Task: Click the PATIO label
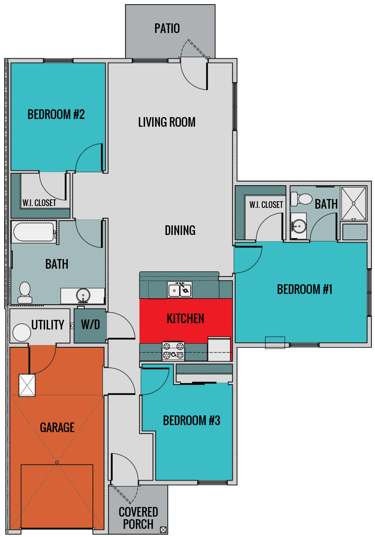167,29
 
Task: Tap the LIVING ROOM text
167,122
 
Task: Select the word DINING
180,231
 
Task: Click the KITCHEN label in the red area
185,319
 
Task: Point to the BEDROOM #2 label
56,115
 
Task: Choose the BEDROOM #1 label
304,289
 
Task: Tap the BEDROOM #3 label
191,421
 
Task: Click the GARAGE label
57,428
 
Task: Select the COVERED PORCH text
138,518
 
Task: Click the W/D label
90,325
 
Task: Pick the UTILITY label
48,325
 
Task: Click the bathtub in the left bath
34,232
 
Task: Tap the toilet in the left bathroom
25,293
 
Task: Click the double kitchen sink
180,290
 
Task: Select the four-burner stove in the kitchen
173,351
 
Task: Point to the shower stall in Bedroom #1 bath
354,203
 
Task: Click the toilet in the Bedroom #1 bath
301,199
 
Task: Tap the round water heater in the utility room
22,332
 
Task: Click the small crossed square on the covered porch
163,530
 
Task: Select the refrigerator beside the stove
219,349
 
